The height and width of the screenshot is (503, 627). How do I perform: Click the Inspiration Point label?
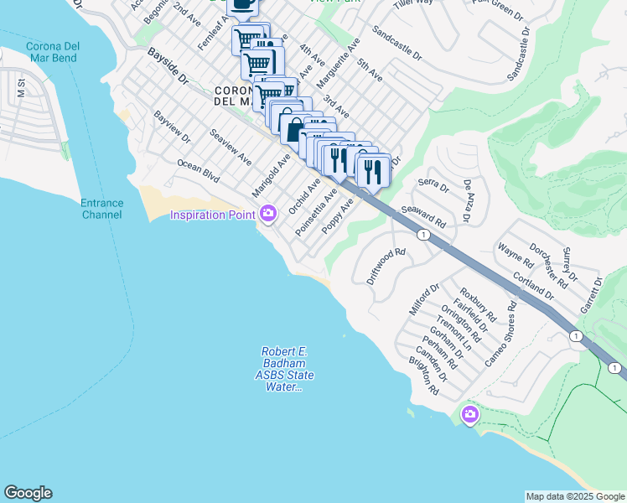(x=213, y=215)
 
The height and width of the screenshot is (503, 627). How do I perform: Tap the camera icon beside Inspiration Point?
(x=268, y=214)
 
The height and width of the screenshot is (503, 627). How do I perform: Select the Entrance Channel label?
(x=102, y=209)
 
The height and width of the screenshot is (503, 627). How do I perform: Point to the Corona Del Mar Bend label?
(x=52, y=52)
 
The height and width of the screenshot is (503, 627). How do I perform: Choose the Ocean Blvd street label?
(x=198, y=173)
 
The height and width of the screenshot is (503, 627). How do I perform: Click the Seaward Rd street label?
(x=422, y=219)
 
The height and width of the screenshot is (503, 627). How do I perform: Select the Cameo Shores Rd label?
(x=501, y=345)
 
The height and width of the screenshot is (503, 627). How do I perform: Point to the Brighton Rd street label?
(x=424, y=378)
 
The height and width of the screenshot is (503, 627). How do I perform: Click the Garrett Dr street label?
(x=591, y=294)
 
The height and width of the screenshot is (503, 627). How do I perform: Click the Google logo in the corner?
(x=28, y=493)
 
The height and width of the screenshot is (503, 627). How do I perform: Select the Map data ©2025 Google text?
(x=575, y=496)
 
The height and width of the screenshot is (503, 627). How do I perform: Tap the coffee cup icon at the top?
(x=243, y=5)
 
